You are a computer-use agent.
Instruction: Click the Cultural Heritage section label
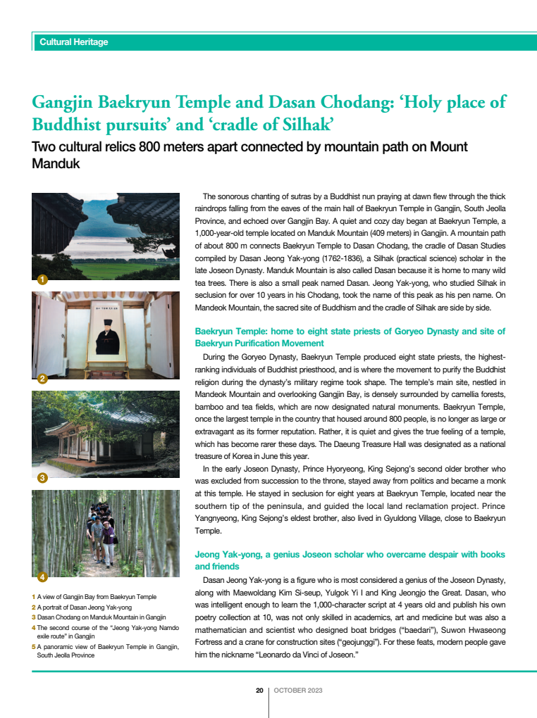[74, 42]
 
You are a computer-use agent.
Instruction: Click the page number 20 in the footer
[259, 691]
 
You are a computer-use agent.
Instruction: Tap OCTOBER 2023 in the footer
[298, 691]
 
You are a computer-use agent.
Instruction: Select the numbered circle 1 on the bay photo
[42, 280]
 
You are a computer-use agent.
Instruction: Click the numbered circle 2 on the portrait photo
[42, 379]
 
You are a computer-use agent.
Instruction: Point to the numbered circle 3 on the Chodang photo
[42, 479]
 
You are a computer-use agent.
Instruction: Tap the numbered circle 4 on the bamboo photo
[42, 577]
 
